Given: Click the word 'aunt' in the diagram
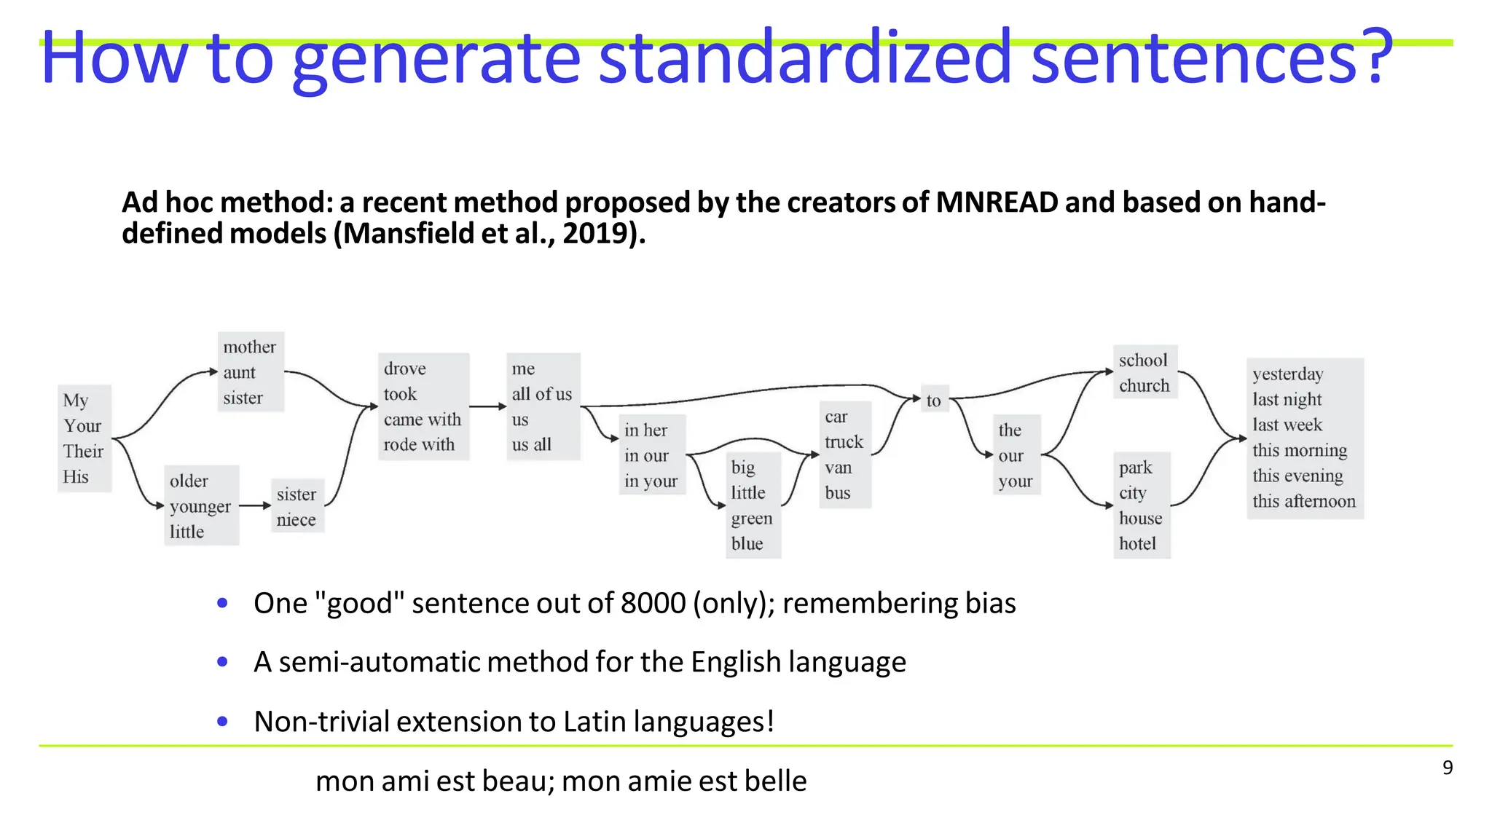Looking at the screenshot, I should pos(239,373).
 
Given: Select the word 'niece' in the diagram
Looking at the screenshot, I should pos(296,520).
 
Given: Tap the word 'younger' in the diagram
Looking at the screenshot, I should pos(200,506).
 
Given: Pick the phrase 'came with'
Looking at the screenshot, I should pos(422,419).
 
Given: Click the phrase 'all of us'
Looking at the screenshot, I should pos(541,394).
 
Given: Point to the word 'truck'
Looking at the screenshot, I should pos(844,442).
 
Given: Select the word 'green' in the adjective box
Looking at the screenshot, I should pos(751,519).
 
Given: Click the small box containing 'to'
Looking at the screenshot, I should pos(934,400).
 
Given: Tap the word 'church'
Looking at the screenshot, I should pos(1144,386).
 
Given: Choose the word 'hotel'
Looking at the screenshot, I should pos(1137,544).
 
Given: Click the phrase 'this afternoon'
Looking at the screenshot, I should pos(1304,501).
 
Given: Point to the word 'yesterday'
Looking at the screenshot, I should pos(1287,374).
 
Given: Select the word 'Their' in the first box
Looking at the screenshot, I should pos(83,452).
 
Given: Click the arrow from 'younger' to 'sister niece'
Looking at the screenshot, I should pos(255,505).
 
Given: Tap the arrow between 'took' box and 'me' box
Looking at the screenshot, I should pos(487,406).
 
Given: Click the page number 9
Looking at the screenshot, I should pos(1447,768).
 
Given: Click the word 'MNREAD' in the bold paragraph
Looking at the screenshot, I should pos(996,202).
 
